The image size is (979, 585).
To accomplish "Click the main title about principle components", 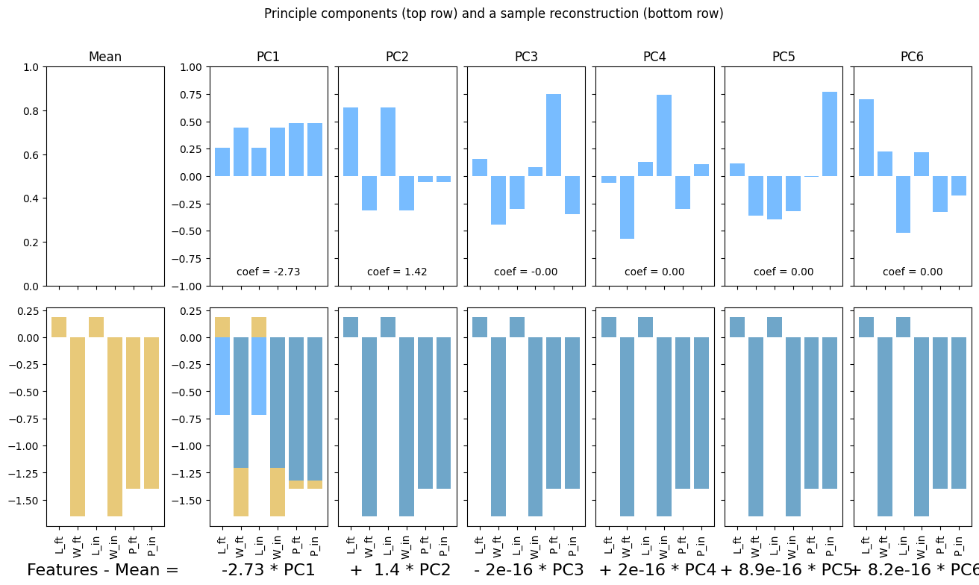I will tap(493, 13).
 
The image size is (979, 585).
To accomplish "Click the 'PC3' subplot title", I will tap(526, 57).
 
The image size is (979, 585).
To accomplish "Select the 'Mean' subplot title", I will tap(105, 57).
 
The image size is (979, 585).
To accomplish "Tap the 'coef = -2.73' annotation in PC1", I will tap(268, 272).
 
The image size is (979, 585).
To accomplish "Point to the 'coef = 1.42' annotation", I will tap(397, 272).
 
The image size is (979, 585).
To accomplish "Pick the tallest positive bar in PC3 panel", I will tap(554, 135).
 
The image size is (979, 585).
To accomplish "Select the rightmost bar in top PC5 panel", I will tap(830, 134).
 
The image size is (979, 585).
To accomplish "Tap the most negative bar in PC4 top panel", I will tap(628, 207).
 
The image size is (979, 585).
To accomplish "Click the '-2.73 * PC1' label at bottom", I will tap(268, 570).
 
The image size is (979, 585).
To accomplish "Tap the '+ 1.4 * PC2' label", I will tap(401, 570).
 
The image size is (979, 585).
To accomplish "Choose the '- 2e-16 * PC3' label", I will tap(528, 570).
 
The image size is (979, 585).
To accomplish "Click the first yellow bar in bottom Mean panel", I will tap(59, 328).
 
